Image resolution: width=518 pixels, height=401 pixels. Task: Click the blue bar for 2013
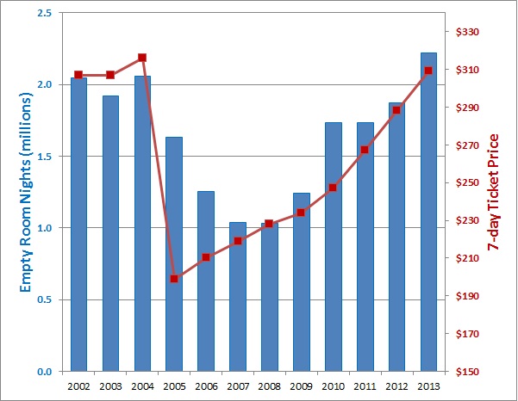coord(428,215)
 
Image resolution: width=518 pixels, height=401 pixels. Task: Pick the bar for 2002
coord(78,224)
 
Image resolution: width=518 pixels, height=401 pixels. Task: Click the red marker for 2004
coord(142,58)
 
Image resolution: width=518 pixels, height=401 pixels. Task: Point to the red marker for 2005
coord(174,279)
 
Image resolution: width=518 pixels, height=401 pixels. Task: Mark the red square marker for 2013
coord(428,71)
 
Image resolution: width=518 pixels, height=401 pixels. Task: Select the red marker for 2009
coord(301,213)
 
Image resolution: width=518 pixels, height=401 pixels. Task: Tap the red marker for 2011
coord(365,150)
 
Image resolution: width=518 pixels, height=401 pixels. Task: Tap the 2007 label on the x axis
coord(237,386)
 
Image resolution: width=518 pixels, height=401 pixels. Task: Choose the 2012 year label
coord(396,386)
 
